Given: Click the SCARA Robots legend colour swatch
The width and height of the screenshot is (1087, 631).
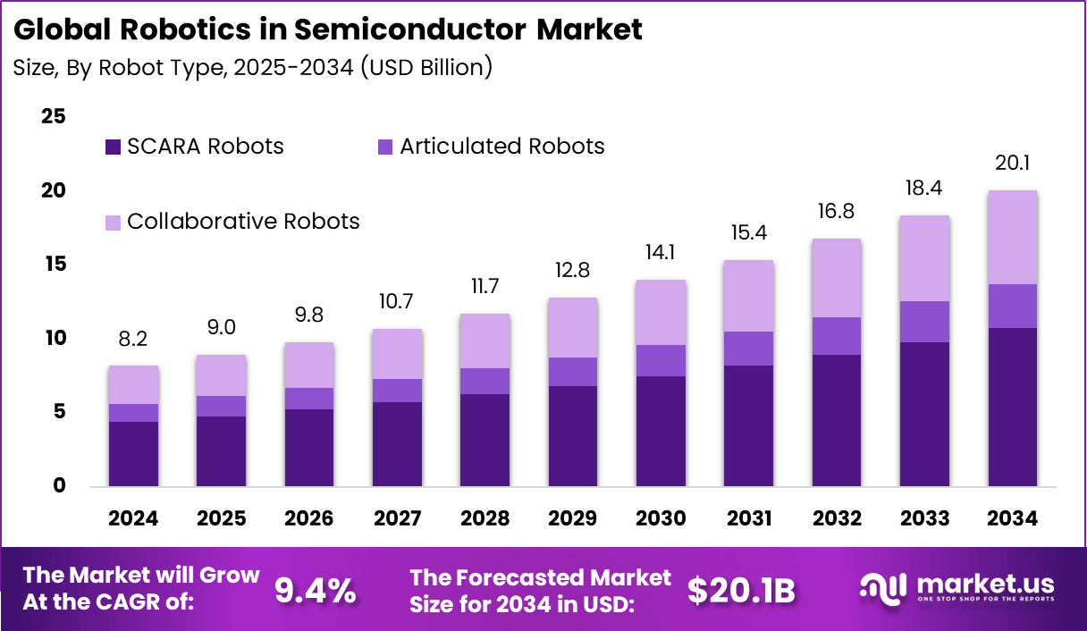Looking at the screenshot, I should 113,147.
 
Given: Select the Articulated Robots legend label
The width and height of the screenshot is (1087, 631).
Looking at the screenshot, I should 501,147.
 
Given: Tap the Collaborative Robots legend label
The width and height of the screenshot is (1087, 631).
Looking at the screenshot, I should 243,221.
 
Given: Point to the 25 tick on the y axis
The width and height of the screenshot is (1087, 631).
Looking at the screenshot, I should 54,116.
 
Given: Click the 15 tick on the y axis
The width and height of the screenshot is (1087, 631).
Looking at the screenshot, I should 54,264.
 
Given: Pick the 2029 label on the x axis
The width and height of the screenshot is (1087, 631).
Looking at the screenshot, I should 573,519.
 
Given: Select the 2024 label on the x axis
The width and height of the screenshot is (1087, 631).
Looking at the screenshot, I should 133,519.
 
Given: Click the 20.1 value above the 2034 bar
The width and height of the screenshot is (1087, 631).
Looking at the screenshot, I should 1012,163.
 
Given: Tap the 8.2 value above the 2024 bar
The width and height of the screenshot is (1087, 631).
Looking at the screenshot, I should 133,339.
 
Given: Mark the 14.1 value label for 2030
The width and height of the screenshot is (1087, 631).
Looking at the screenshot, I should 661,252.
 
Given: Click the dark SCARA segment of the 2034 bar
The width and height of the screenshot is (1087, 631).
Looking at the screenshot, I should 1012,407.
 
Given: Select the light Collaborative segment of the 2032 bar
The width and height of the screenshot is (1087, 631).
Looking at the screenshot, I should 836,278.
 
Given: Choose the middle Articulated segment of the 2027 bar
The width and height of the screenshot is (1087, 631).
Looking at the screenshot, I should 397,391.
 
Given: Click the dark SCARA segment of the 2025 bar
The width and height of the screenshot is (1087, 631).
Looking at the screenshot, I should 221,451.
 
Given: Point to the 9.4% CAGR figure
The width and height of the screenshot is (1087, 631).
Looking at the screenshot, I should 316,590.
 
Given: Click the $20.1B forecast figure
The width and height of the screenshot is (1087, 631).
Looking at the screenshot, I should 741,590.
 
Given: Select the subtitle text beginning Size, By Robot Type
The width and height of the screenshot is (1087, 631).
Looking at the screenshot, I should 252,67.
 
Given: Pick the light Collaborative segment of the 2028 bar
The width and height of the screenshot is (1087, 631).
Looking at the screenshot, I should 485,341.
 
